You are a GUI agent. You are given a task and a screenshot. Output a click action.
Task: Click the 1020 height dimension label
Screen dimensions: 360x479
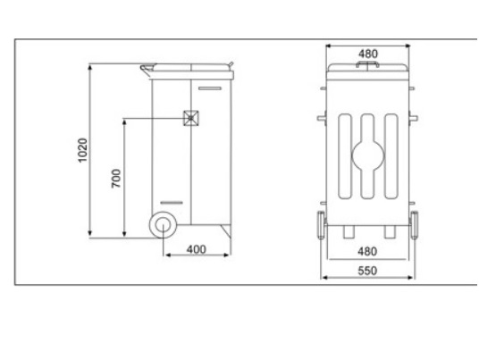pos(82,149)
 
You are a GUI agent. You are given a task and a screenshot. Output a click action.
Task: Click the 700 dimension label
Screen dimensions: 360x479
pos(115,177)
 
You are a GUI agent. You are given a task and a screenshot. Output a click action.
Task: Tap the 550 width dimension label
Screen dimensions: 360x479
pos(366,269)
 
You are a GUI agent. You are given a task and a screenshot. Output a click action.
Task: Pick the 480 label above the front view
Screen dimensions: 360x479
pos(367,54)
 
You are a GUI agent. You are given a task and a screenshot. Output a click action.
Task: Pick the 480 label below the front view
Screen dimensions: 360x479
pos(366,250)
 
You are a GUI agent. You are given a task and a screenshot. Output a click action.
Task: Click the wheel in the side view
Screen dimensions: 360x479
pos(163,225)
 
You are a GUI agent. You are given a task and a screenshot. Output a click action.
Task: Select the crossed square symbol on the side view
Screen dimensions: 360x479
pos(190,117)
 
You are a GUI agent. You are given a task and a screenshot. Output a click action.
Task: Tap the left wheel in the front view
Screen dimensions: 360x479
pos(318,225)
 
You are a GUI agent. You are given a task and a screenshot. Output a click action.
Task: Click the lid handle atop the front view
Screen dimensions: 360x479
pos(367,65)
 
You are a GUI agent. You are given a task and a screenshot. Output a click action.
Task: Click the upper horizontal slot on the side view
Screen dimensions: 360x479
pos(209,88)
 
